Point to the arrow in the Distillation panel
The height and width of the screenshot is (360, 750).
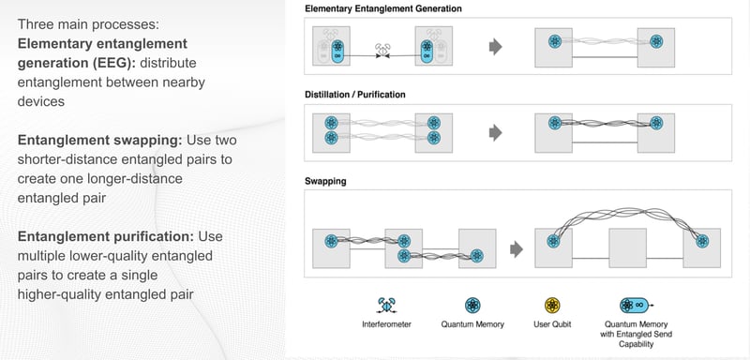(x=494, y=133)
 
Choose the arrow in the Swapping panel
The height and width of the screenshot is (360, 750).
(x=515, y=249)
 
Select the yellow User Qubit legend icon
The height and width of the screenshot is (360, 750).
(x=554, y=305)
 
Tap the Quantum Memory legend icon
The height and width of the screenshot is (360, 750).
(x=473, y=305)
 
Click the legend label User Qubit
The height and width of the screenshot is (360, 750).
(x=554, y=325)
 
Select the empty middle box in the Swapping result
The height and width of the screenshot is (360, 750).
(x=628, y=249)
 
